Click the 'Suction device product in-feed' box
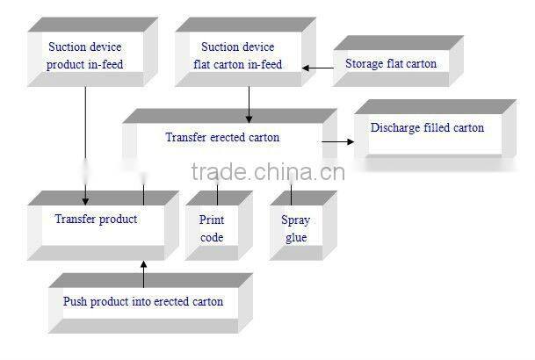[85, 54]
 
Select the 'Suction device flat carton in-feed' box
[237, 54]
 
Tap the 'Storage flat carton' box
[390, 64]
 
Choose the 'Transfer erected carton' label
[222, 137]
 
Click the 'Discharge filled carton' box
[427, 128]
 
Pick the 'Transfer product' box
[96, 220]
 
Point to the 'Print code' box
[212, 228]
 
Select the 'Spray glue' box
[296, 228]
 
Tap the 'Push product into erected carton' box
[143, 302]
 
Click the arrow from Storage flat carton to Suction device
[318, 66]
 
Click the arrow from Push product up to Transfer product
[142, 274]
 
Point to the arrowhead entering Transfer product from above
[85, 198]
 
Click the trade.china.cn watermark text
[266, 170]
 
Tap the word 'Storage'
[365, 64]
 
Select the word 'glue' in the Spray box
[296, 237]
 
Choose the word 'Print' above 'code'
[212, 220]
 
